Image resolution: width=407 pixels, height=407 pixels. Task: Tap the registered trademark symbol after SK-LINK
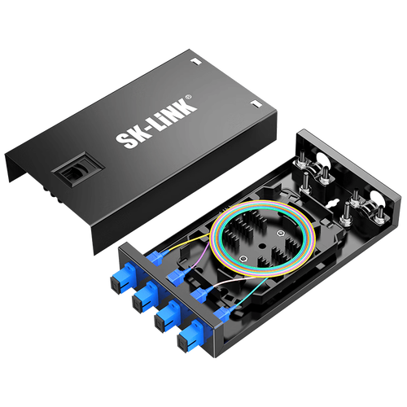(x=189, y=97)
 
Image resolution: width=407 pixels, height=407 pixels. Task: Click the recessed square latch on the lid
(x=78, y=169)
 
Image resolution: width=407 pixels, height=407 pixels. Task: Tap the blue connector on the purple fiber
(x=177, y=276)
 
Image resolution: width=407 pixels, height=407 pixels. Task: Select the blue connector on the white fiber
(x=201, y=295)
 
